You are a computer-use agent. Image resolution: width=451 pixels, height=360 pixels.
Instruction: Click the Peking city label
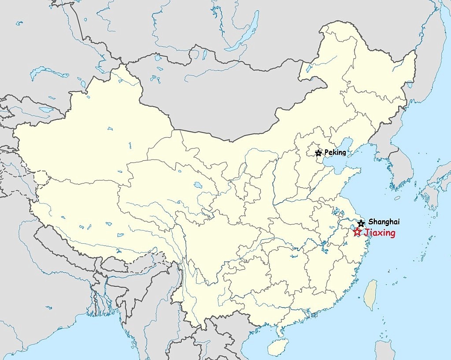[x=335, y=153]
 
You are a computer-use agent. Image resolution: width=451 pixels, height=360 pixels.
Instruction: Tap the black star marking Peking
[x=318, y=153]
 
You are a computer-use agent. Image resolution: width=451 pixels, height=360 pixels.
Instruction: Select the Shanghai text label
[x=384, y=222]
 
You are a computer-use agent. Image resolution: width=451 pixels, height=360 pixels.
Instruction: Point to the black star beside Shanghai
[x=361, y=223]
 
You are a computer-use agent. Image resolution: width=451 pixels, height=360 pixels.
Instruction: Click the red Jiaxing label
[x=380, y=233]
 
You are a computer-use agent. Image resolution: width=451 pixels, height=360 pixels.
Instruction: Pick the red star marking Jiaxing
[x=357, y=232]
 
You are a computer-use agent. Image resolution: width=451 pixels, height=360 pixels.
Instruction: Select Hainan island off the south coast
[x=278, y=347]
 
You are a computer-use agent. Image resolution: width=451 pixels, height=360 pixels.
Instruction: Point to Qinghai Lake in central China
[x=198, y=185]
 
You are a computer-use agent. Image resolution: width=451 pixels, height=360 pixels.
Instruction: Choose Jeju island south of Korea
[x=397, y=198]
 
